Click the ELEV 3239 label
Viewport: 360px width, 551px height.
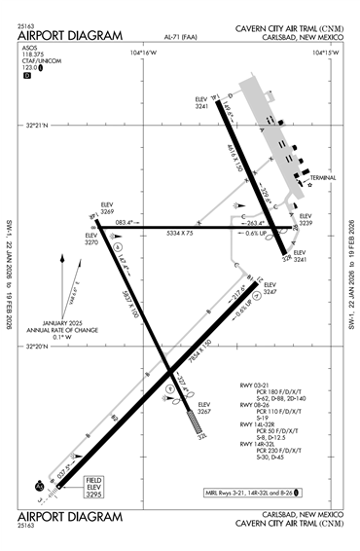click(x=305, y=220)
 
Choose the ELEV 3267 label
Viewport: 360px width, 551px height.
click(x=203, y=408)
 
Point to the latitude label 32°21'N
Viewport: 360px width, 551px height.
click(x=37, y=125)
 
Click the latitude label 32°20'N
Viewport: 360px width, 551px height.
click(x=37, y=346)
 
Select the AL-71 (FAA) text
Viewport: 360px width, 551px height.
click(x=180, y=36)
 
